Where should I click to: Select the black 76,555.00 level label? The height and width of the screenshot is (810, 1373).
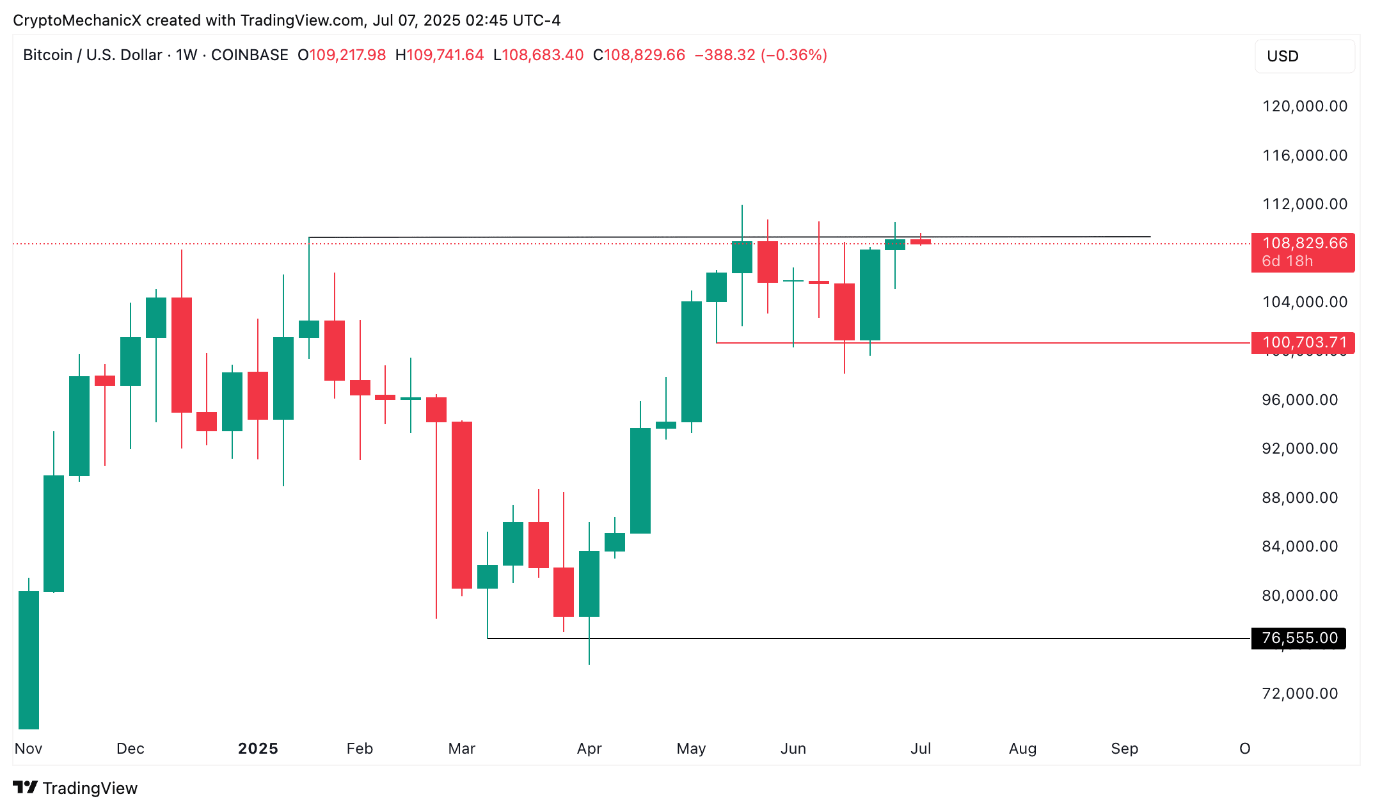(x=1299, y=638)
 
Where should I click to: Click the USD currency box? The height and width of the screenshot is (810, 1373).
(x=1304, y=56)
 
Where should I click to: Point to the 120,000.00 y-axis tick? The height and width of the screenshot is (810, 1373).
(x=1305, y=106)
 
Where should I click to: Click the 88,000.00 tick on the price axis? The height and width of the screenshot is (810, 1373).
(x=1299, y=498)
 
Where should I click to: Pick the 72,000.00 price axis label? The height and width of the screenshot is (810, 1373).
(x=1299, y=694)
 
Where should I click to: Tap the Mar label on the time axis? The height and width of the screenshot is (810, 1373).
(x=462, y=749)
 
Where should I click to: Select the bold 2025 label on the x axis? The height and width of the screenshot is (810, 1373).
(x=258, y=749)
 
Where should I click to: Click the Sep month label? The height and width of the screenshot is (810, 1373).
(x=1124, y=749)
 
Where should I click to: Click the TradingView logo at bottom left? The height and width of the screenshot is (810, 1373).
(x=75, y=788)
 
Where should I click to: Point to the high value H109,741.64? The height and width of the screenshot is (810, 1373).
(x=440, y=55)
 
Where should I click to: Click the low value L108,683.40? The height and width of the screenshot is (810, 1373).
(x=538, y=55)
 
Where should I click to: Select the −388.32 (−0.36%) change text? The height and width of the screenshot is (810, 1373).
(x=761, y=55)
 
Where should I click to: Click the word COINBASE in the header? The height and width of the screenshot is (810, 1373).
(x=250, y=55)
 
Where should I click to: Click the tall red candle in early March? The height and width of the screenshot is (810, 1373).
(x=462, y=505)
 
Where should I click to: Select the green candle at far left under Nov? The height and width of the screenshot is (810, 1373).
(x=29, y=659)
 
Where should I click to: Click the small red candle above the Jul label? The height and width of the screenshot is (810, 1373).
(x=921, y=242)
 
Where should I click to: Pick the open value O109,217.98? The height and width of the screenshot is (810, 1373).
(x=342, y=55)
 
